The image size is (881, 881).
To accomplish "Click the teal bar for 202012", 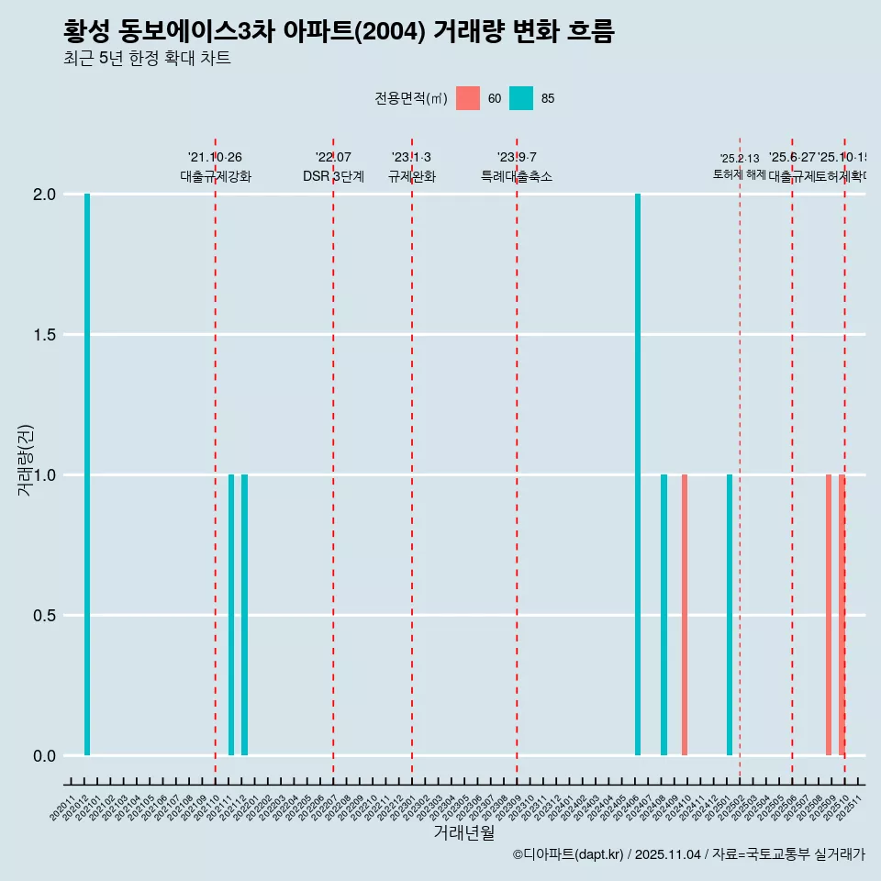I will (x=87, y=474).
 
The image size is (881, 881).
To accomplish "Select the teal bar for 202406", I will (x=638, y=474).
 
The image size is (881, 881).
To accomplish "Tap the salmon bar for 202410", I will (x=685, y=615).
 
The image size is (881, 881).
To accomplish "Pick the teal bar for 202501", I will (x=730, y=615).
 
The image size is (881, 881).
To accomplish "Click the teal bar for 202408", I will (x=664, y=615).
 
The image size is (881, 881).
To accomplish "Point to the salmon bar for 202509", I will (x=829, y=615).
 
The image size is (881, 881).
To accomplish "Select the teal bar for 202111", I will (x=231, y=615).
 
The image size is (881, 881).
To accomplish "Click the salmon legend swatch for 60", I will (x=468, y=98).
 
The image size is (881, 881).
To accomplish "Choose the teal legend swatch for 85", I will (x=521, y=98).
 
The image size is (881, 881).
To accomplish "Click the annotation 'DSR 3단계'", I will (x=333, y=176).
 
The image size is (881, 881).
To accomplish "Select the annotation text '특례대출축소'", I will (x=517, y=176).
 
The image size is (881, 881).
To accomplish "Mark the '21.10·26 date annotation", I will (x=215, y=158).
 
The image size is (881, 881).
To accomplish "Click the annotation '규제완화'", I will (x=412, y=176).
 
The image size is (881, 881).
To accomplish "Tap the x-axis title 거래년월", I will (x=463, y=833).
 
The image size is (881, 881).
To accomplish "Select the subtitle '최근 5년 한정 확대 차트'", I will (x=147, y=59).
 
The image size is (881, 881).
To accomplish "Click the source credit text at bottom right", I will (x=688, y=854).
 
